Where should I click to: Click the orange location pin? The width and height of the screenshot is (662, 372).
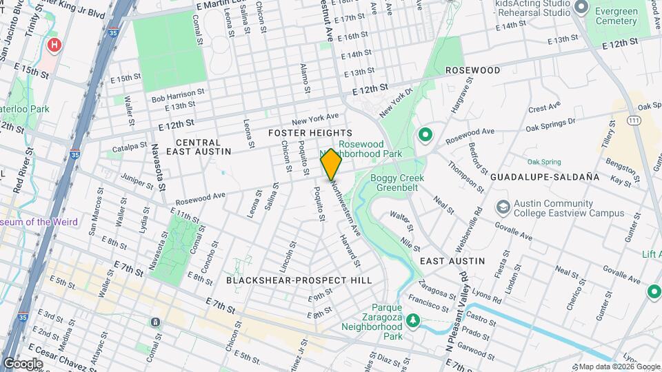[x=331, y=164]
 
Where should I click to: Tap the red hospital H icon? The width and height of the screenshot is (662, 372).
[x=54, y=45]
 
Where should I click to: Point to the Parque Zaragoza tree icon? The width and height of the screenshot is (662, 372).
[x=413, y=320]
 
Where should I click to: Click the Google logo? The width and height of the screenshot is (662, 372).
[x=23, y=364]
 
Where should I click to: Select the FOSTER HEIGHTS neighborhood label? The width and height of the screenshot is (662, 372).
[x=310, y=132]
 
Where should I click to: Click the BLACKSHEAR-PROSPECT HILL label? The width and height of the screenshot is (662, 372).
[x=299, y=280]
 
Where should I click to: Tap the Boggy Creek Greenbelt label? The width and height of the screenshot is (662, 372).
[x=397, y=183]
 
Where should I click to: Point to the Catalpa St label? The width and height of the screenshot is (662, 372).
[x=124, y=147]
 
